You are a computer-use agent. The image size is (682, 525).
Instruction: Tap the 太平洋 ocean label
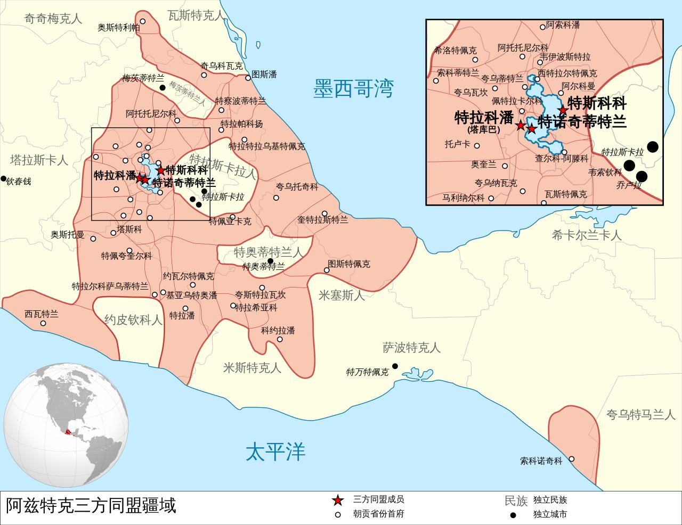pos(275,452)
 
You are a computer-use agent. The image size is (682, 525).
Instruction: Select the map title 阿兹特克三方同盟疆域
pos(91,505)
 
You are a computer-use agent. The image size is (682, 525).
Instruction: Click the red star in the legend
pos(337,501)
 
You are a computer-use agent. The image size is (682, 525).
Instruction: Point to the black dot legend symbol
pos(513,515)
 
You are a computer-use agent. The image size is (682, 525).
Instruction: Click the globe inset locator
pos(67,430)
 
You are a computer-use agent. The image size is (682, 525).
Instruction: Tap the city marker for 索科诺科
pos(571,459)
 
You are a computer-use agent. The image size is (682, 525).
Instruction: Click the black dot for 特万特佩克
pos(395,366)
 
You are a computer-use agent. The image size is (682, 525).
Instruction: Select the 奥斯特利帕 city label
pos(118,28)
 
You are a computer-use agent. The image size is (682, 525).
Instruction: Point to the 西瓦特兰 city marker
pos(43,323)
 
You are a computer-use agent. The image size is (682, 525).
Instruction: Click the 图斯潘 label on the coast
pos(264,74)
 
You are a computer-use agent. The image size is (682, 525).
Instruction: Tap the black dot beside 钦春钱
pos(4,178)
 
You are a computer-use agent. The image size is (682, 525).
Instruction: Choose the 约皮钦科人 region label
pos(133,320)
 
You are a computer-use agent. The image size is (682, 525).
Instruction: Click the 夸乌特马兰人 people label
pos(640,414)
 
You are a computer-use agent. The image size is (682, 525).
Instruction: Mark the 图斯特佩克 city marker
pos(327,270)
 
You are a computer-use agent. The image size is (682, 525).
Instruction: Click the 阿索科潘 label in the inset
pos(563,25)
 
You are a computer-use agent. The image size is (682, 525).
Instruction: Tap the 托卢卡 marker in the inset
pos(477,145)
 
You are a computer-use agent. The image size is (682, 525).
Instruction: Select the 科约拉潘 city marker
pos(280,339)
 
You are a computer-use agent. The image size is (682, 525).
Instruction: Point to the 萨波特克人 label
pos(411,348)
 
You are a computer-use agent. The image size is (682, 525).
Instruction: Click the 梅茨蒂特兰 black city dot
pos(162,87)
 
